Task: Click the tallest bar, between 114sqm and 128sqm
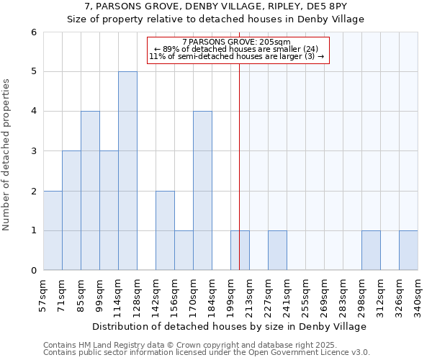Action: click(127, 171)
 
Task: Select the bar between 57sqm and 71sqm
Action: click(53, 230)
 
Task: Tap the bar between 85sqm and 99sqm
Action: click(90, 191)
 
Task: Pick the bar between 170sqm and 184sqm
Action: click(202, 191)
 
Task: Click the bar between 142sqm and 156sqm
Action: click(165, 230)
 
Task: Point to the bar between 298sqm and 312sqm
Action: click(371, 251)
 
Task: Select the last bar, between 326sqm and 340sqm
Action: click(408, 251)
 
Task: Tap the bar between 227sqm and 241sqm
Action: click(277, 251)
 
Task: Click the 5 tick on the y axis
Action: click(34, 72)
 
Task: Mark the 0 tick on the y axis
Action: click(34, 271)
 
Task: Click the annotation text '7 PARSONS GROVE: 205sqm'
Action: click(237, 42)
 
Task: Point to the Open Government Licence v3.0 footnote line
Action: click(207, 353)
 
